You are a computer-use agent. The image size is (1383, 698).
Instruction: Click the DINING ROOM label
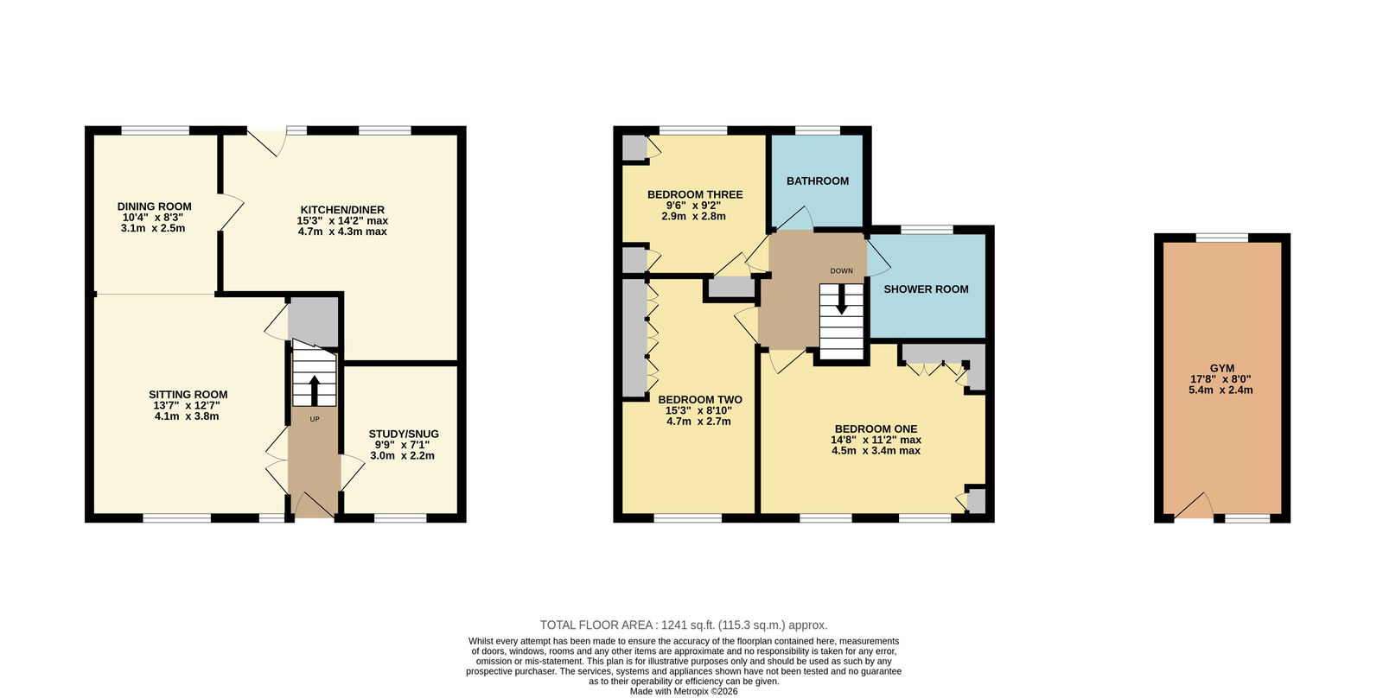pyautogui.click(x=155, y=206)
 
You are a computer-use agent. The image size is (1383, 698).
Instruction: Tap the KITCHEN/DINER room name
pyautogui.click(x=342, y=210)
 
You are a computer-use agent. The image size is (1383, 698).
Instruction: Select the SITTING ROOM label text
pyautogui.click(x=188, y=395)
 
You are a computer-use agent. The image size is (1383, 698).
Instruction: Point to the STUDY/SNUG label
pyautogui.click(x=404, y=434)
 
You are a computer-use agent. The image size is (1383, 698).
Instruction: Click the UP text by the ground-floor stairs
pyautogui.click(x=315, y=420)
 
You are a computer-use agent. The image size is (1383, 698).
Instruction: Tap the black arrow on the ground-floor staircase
pyautogui.click(x=315, y=390)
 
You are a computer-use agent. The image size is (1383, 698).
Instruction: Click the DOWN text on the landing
pyautogui.click(x=842, y=271)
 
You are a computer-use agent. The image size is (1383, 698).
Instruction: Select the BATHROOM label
pyautogui.click(x=818, y=181)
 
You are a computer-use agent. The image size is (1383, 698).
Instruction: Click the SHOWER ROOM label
pyautogui.click(x=926, y=289)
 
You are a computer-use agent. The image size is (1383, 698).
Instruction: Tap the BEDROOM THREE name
pyautogui.click(x=695, y=194)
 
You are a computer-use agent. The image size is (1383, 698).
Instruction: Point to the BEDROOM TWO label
pyautogui.click(x=700, y=400)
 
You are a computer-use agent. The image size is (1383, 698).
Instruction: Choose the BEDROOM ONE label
pyautogui.click(x=876, y=429)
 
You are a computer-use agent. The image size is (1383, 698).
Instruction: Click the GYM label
pyautogui.click(x=1222, y=369)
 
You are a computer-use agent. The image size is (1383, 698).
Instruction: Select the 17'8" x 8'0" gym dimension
pyautogui.click(x=1220, y=379)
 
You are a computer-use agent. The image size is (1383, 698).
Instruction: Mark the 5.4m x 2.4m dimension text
pyautogui.click(x=1220, y=390)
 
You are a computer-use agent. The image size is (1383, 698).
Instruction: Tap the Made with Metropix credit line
pyautogui.click(x=684, y=692)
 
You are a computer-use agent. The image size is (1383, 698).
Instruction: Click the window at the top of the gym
pyautogui.click(x=1222, y=238)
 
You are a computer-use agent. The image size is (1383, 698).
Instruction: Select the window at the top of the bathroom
pyautogui.click(x=818, y=130)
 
